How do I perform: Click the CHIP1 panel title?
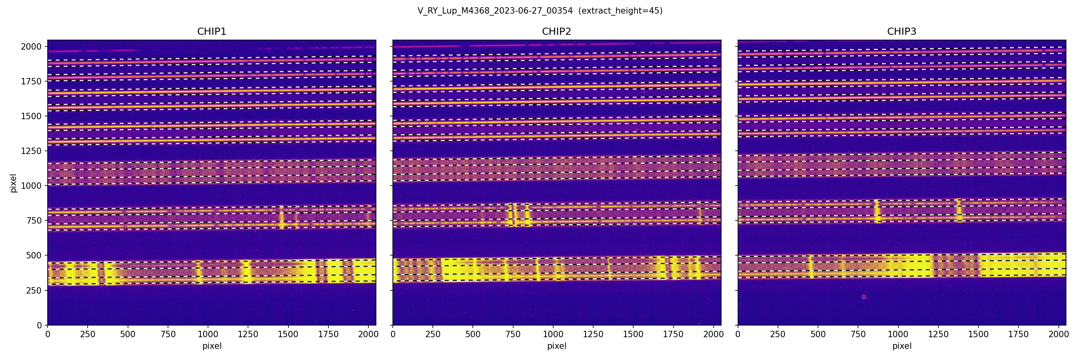point(212,32)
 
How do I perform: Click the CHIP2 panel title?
point(556,32)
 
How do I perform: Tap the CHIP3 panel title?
point(901,32)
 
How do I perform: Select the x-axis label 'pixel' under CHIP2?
point(556,346)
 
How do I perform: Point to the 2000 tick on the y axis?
point(32,46)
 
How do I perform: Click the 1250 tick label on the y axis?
point(32,151)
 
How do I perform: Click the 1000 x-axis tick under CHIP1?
point(208,334)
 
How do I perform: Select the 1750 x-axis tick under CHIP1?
point(328,334)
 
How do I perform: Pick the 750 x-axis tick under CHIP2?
point(513,334)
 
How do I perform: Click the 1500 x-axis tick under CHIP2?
point(633,334)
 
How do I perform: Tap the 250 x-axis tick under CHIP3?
point(778,334)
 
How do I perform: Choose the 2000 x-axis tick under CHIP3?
point(1059,334)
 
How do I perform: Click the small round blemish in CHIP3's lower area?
point(864,297)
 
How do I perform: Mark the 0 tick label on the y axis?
point(40,325)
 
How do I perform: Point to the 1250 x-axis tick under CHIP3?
point(938,334)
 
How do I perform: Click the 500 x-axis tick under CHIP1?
point(128,334)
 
